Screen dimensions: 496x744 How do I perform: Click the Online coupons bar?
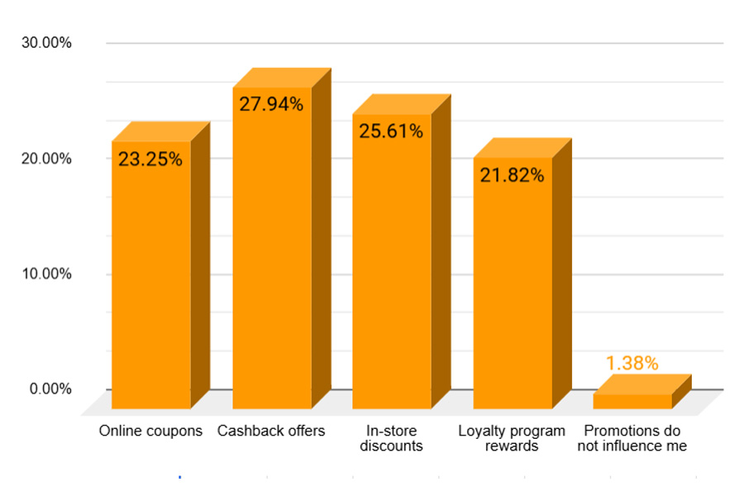pos(151,281)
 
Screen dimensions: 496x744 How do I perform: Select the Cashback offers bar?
pos(272,256)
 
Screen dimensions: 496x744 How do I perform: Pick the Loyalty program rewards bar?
pos(513,289)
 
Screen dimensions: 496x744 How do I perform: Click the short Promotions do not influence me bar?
pos(632,401)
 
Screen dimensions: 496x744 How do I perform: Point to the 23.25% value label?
pos(150,160)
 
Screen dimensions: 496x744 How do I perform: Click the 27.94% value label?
pos(271,104)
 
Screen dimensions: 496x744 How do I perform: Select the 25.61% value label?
pos(392,131)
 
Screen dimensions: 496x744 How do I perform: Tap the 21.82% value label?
pos(513,175)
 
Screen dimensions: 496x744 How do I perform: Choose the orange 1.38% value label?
pos(632,363)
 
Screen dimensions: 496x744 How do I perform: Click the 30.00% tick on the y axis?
pos(45,43)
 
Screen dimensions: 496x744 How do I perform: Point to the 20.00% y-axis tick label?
pos(45,158)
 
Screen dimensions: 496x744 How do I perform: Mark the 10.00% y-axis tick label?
pos(45,274)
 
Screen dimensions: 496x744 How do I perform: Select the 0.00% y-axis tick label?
pos(50,389)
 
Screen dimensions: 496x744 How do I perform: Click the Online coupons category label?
pos(150,432)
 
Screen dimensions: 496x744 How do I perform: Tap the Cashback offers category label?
pos(271,432)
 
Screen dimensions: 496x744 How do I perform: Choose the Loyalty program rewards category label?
pos(513,439)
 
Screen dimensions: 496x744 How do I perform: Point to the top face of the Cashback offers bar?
pos(282,78)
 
